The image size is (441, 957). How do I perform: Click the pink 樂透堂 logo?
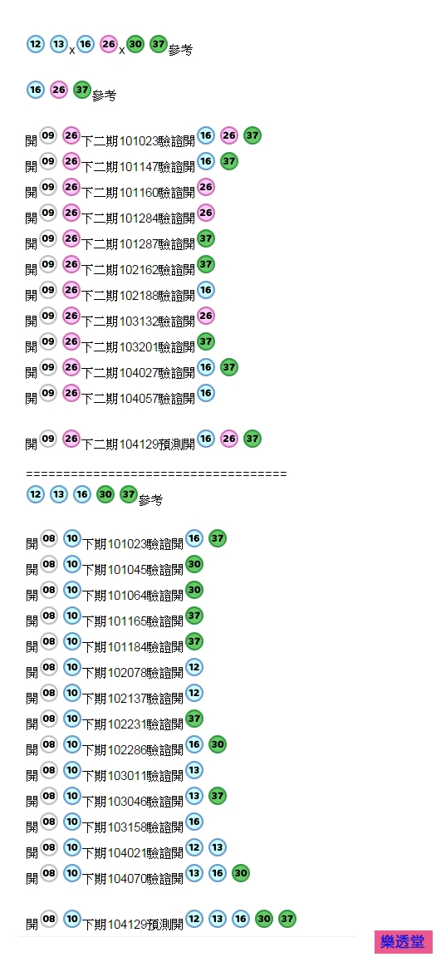click(x=404, y=942)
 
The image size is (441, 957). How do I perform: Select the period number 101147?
click(x=139, y=167)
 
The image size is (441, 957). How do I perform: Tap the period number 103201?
click(x=139, y=346)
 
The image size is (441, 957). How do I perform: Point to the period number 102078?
click(x=127, y=673)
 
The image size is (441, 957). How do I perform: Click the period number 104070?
click(x=127, y=878)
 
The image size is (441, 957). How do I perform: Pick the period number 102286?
click(x=127, y=749)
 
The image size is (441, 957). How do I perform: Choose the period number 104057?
click(x=139, y=399)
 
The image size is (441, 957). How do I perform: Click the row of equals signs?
click(x=156, y=474)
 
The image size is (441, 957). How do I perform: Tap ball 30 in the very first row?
click(x=135, y=45)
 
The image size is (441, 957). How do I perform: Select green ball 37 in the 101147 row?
click(x=228, y=162)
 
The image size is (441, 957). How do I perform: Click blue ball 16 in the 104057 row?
click(x=206, y=393)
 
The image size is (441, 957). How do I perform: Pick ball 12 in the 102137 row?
click(x=194, y=694)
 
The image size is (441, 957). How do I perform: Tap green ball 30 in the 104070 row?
click(x=240, y=873)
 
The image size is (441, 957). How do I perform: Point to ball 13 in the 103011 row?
click(x=194, y=770)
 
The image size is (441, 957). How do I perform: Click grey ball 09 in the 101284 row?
click(x=48, y=213)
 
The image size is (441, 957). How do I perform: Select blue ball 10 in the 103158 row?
click(x=72, y=822)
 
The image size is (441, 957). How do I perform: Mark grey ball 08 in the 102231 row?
click(x=48, y=719)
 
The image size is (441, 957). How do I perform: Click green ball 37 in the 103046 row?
click(x=217, y=796)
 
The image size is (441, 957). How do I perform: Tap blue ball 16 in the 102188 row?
click(x=206, y=290)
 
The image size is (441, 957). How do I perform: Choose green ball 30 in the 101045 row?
click(x=194, y=565)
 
